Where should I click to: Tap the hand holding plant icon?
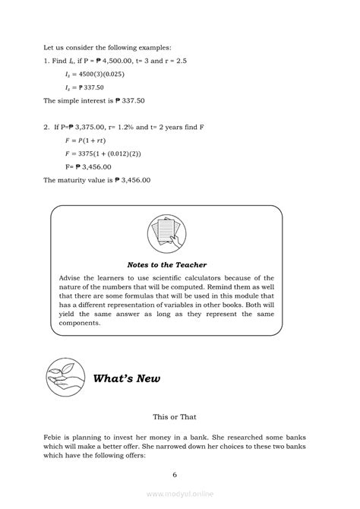[67, 377]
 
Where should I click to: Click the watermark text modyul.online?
[181, 494]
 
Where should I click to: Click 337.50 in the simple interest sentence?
[134, 100]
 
